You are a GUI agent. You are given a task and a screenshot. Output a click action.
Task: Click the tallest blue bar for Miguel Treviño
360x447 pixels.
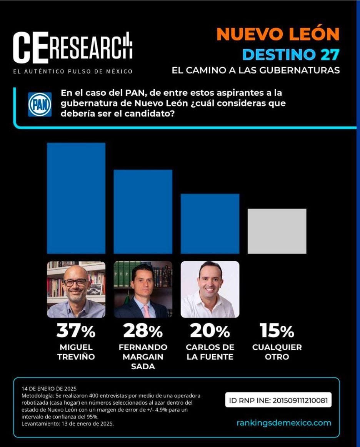pos(76,198)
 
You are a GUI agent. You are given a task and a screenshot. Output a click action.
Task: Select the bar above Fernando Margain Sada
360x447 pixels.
pos(143,212)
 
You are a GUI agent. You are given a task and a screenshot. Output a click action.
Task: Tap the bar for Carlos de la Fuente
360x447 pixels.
pos(210,223)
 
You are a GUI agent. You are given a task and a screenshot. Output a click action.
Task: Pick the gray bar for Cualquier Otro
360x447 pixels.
pos(277,231)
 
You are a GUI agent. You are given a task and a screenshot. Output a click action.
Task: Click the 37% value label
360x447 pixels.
pos(76,331)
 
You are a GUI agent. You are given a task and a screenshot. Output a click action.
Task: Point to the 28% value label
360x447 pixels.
pos(143,331)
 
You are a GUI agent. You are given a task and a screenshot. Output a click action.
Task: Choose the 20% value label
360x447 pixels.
pos(210,331)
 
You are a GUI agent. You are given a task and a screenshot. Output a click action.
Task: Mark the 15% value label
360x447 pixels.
pos(277,331)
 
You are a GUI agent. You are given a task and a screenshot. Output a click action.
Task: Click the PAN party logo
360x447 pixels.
pos(40,104)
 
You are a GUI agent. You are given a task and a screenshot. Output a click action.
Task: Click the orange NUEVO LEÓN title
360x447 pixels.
pos(278,35)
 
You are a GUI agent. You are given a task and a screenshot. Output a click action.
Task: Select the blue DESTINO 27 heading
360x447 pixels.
pos(291,55)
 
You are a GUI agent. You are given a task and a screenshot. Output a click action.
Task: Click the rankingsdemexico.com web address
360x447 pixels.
pos(284,423)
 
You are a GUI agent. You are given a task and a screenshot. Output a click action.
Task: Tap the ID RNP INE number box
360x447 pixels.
pos(278,400)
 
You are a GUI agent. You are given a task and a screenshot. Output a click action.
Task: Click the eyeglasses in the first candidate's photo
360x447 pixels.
pos(75,282)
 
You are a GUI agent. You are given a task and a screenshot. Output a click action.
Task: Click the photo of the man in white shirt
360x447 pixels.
pos(210,289)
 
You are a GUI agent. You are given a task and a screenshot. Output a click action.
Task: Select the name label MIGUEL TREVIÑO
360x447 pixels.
pos(76,352)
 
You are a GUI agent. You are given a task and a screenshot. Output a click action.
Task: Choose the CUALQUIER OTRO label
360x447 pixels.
pos(277,352)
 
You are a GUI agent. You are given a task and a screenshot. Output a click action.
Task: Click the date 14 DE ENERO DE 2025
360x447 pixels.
pos(49,389)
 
